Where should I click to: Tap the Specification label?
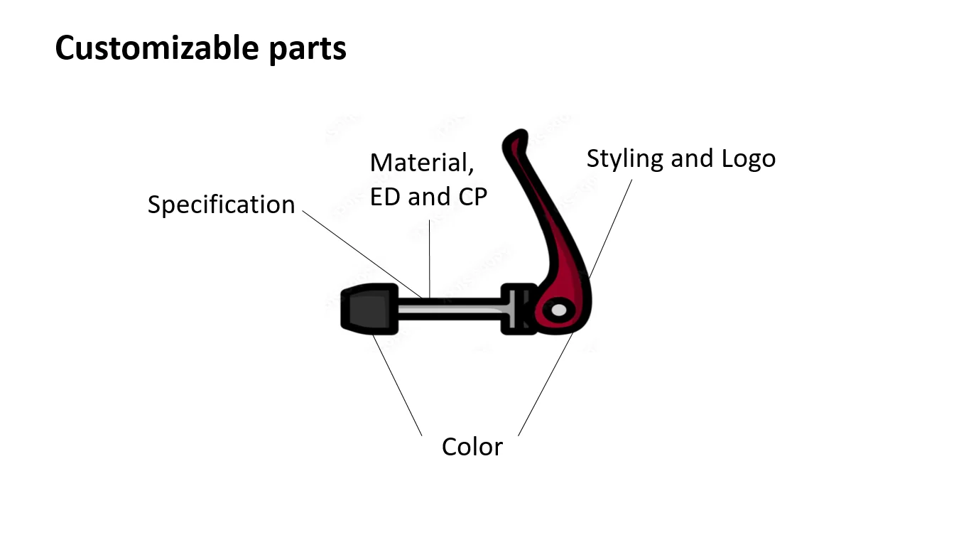(221, 205)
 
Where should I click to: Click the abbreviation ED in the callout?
(386, 197)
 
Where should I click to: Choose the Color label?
(472, 447)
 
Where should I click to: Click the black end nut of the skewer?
(369, 309)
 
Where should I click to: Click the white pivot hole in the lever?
(559, 310)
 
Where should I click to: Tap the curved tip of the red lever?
(514, 139)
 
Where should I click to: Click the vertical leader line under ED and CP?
(430, 263)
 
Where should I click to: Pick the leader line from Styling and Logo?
(611, 227)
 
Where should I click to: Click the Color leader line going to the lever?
(546, 384)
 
